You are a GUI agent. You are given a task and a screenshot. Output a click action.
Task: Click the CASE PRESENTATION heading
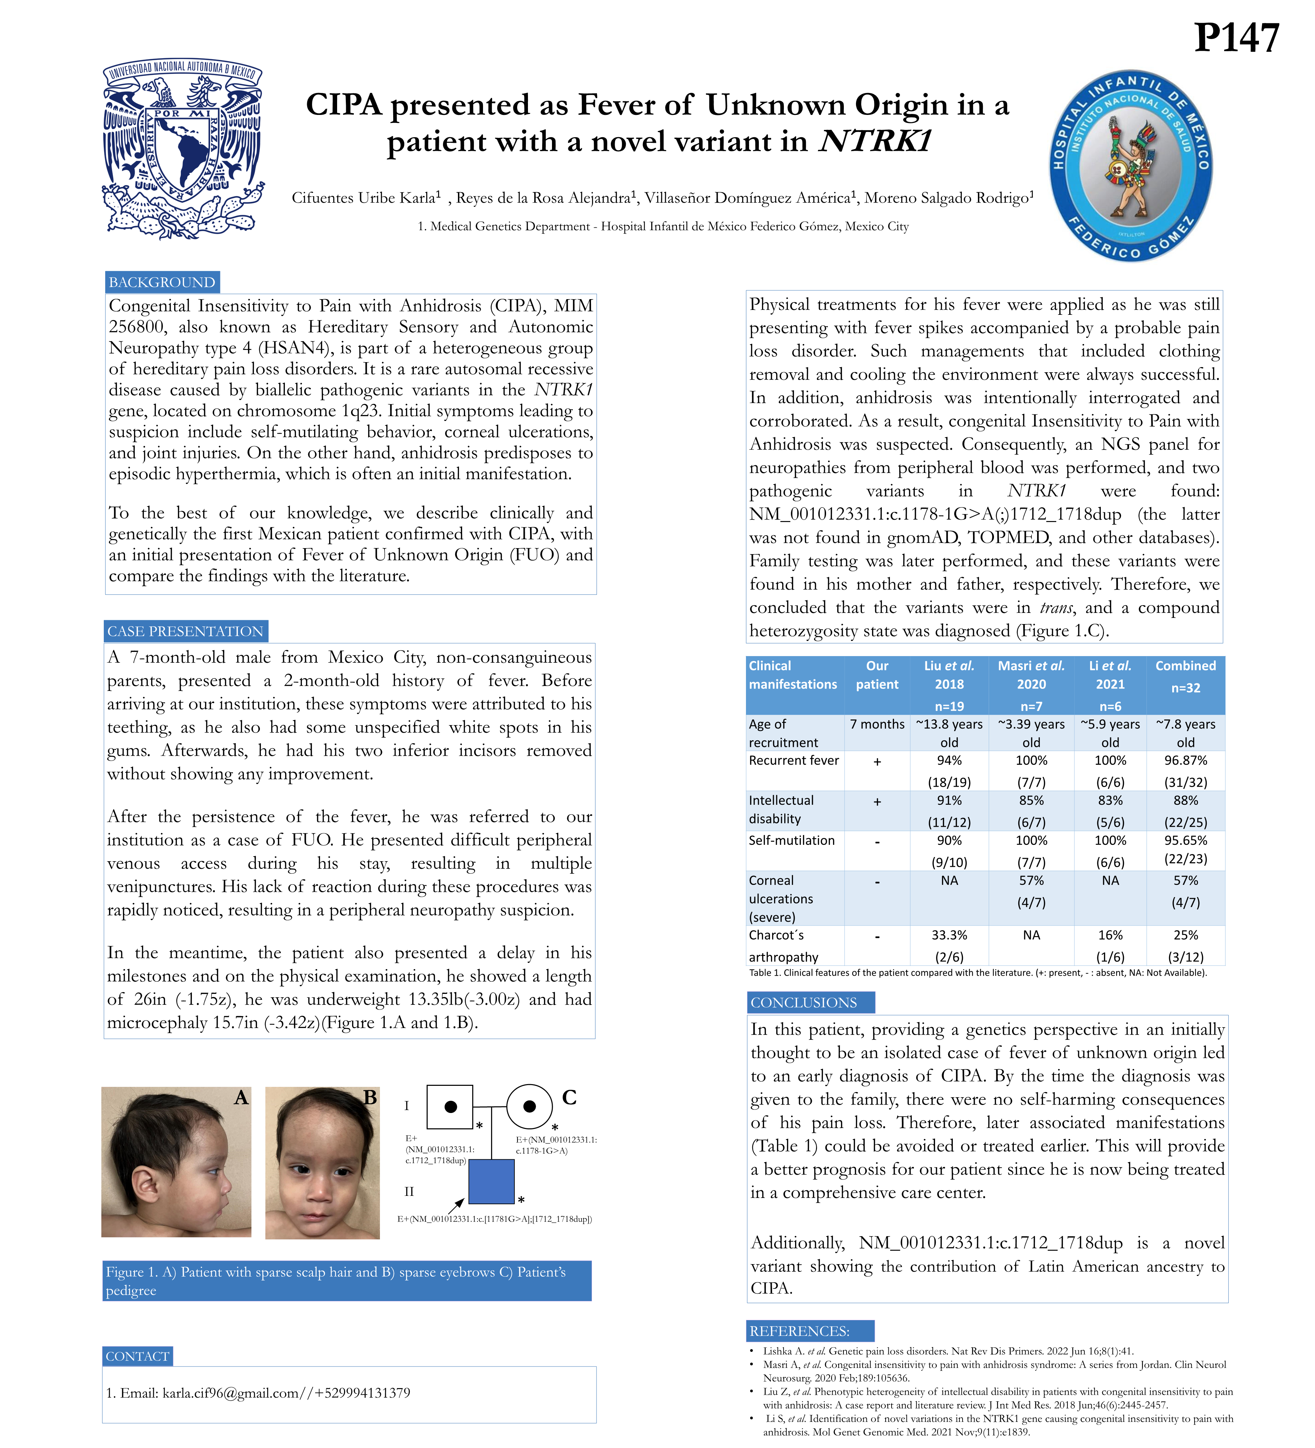pyautogui.click(x=185, y=631)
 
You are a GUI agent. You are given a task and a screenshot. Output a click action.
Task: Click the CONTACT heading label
pyautogui.click(x=137, y=1356)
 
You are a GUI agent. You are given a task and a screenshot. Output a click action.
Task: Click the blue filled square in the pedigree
pyautogui.click(x=491, y=1182)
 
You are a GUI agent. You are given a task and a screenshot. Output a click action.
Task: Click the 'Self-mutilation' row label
pyautogui.click(x=792, y=840)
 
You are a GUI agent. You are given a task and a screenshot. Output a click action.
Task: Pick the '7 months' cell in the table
pyautogui.click(x=877, y=724)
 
